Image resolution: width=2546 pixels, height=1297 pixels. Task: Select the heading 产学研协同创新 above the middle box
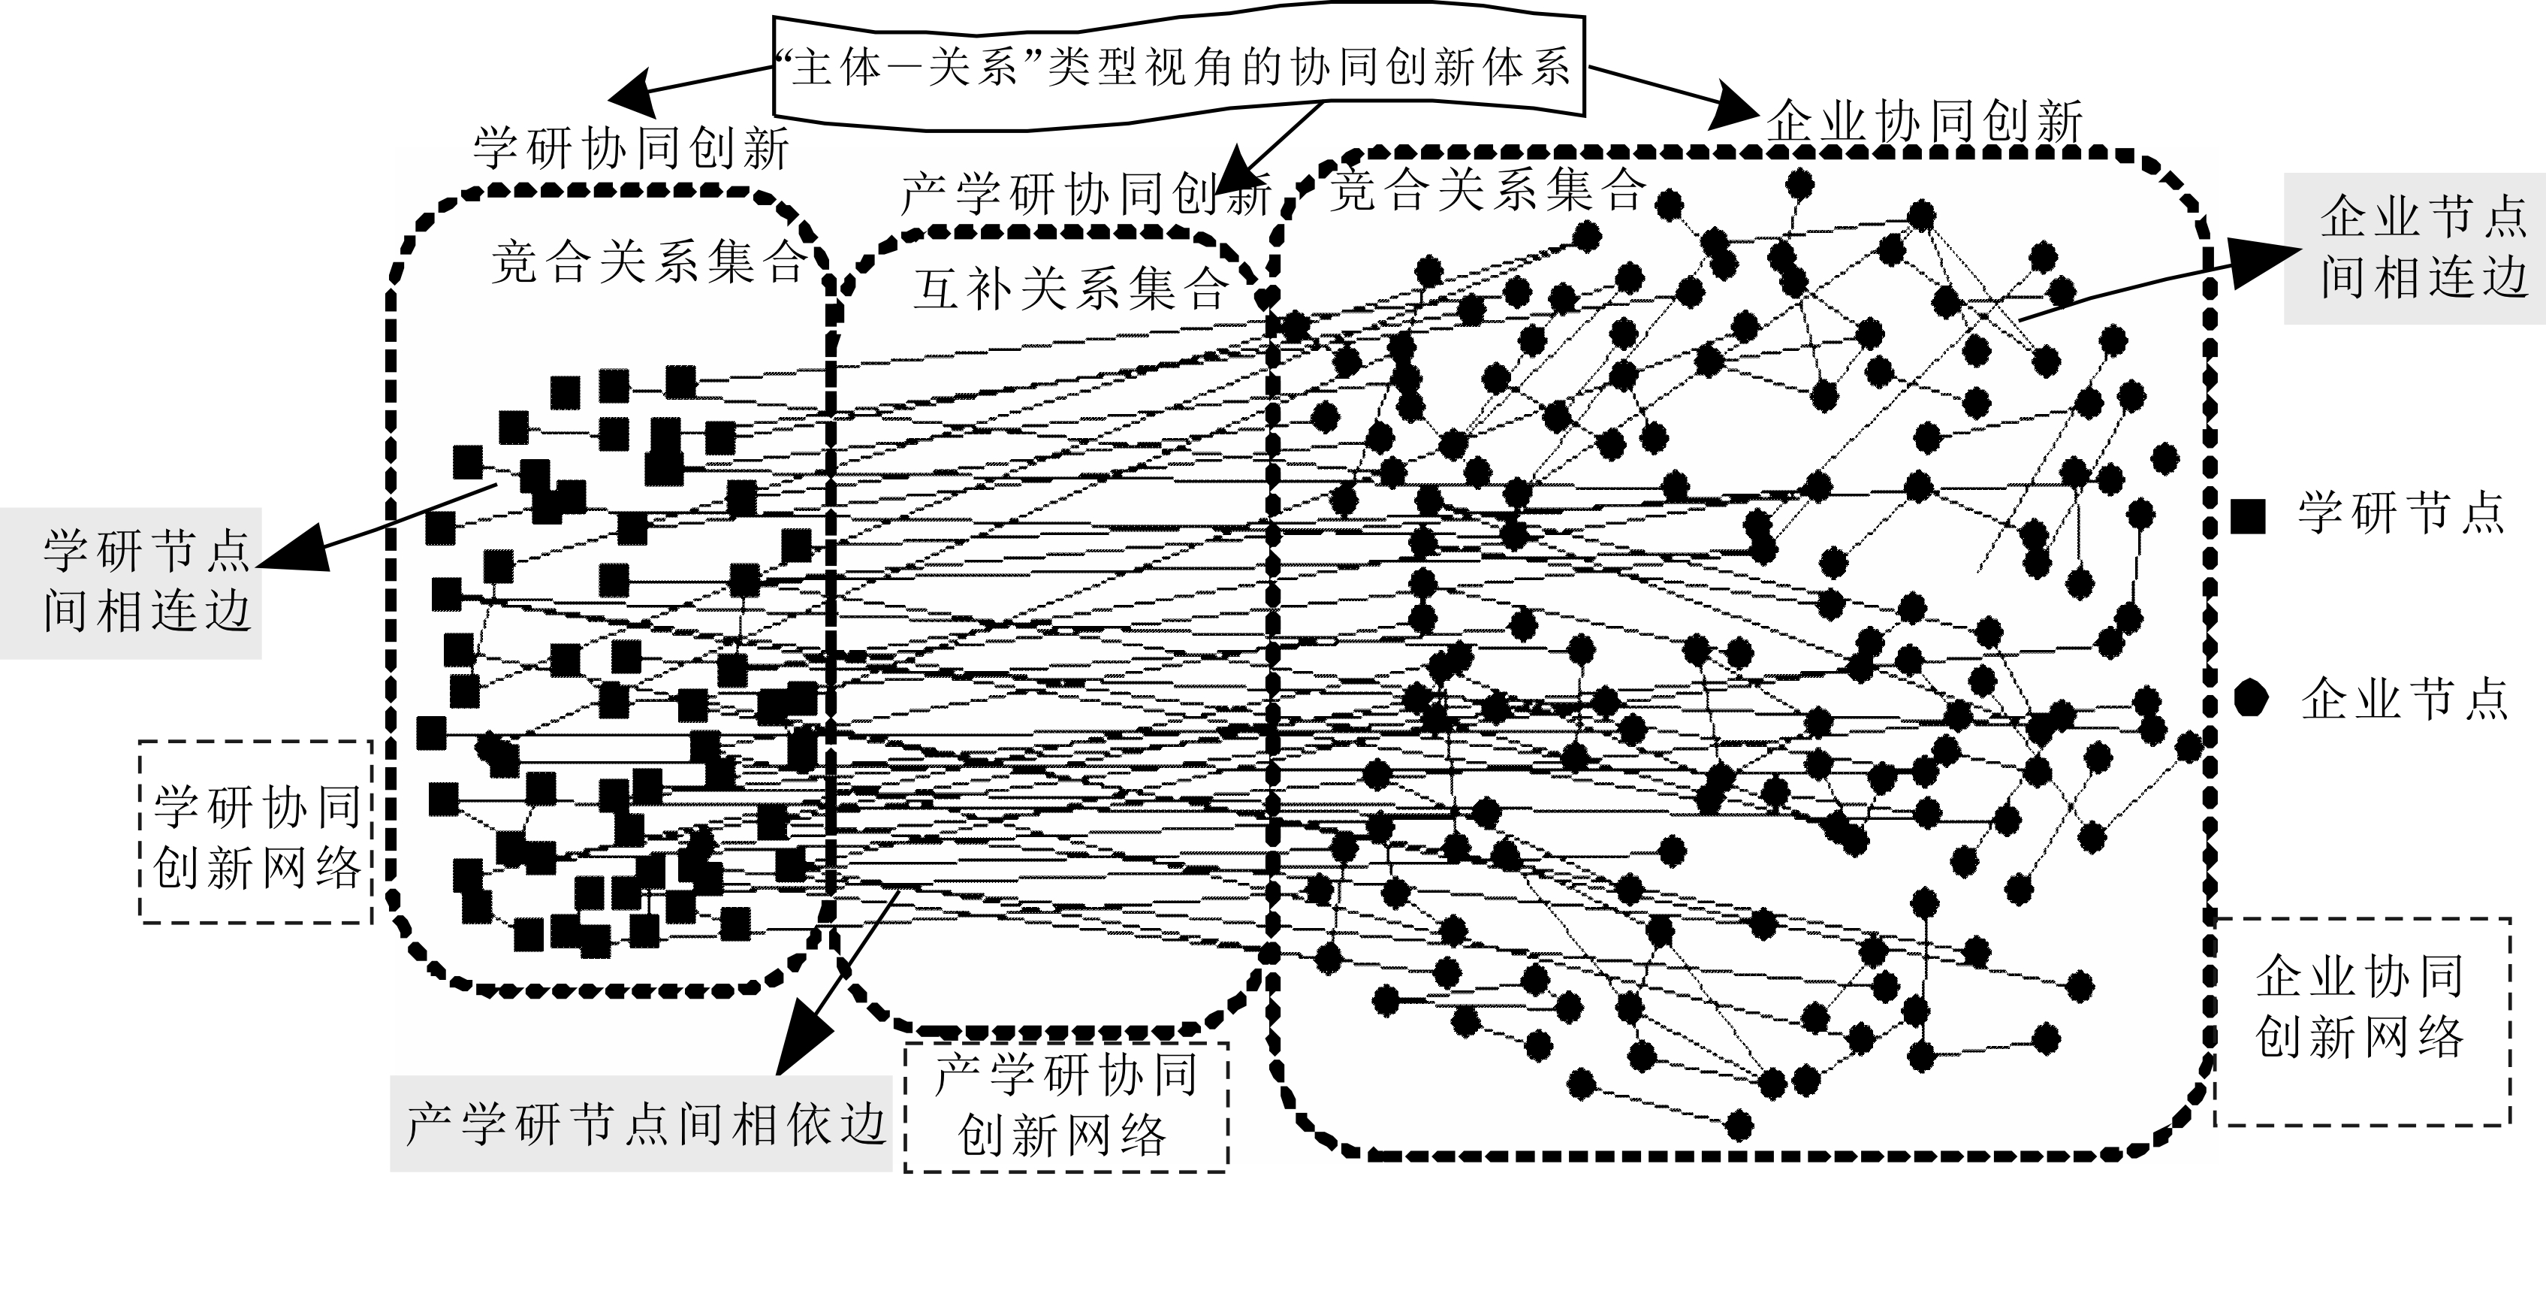pos(1085,194)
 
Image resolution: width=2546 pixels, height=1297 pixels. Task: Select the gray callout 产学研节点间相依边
pos(642,1124)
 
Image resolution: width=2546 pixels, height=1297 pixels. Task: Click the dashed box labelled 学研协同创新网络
pos(257,833)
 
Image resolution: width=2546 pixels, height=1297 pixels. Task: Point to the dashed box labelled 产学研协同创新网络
pos(1066,1107)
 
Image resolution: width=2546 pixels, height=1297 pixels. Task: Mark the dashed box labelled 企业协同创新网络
pos(2362,1020)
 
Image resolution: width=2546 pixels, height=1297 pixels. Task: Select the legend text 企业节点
pos(2403,700)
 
